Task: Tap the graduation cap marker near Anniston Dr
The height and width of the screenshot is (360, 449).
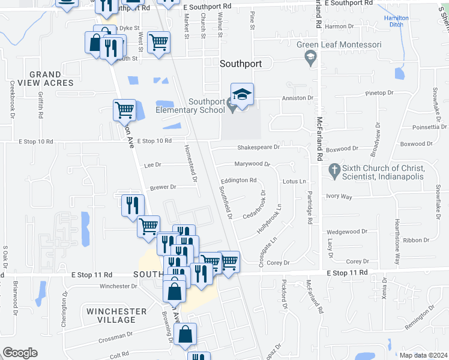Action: [242, 95]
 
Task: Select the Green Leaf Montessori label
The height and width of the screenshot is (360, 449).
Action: [339, 45]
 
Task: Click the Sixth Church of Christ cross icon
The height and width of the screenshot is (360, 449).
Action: [335, 172]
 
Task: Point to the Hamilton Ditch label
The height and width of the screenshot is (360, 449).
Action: [396, 22]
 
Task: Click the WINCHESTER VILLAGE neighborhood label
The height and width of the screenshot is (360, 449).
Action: [116, 316]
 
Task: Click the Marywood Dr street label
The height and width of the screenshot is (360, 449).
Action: [252, 164]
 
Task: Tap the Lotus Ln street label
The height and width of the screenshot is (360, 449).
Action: [294, 181]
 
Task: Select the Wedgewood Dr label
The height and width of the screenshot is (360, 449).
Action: [346, 232]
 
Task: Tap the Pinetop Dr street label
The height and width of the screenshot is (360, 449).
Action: [379, 93]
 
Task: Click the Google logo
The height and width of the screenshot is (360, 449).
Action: [20, 353]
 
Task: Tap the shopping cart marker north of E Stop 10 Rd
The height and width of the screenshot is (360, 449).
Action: [124, 110]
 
